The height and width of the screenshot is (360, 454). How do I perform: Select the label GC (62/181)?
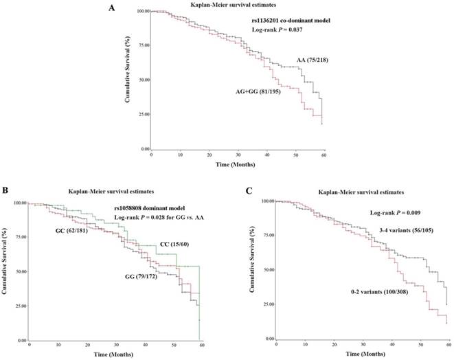pyautogui.click(x=74, y=231)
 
